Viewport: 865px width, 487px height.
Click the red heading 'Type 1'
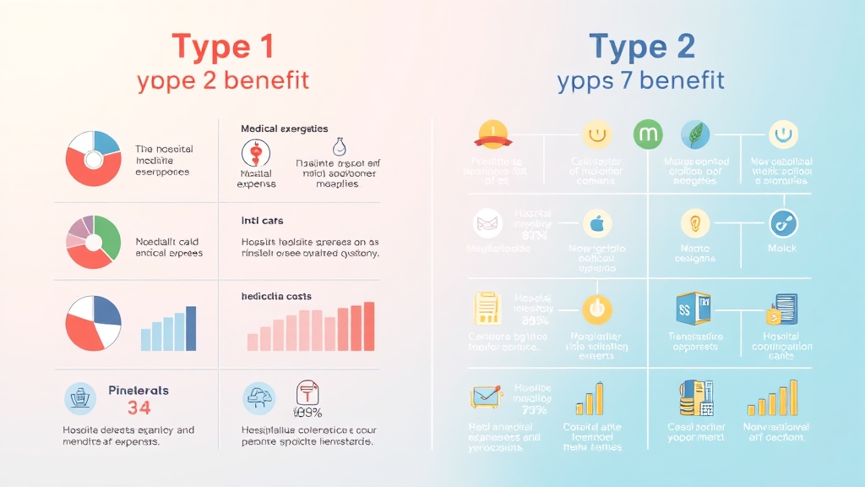pos(223,46)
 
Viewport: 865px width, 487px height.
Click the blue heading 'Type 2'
pos(641,46)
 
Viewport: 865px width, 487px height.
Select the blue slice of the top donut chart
pos(106,143)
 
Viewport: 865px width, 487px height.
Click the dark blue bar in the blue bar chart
pos(190,328)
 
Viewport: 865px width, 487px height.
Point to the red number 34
pos(139,408)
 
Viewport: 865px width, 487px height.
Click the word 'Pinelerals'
pos(139,391)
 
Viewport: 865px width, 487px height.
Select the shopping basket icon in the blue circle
pos(80,397)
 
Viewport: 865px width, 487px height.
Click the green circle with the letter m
pos(647,134)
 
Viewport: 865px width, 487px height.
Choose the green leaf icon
pos(695,134)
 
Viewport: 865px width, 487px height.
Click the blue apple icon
pos(596,224)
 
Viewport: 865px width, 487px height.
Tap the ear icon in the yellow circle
pos(695,223)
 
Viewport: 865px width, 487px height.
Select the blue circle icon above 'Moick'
pos(783,223)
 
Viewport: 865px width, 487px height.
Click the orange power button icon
pos(596,309)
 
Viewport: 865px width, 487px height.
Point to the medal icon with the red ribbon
pos(492,133)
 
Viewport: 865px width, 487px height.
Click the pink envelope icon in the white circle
pos(488,223)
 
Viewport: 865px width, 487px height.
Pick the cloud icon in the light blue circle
pos(258,397)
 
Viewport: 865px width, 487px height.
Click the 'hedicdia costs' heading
pos(276,297)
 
